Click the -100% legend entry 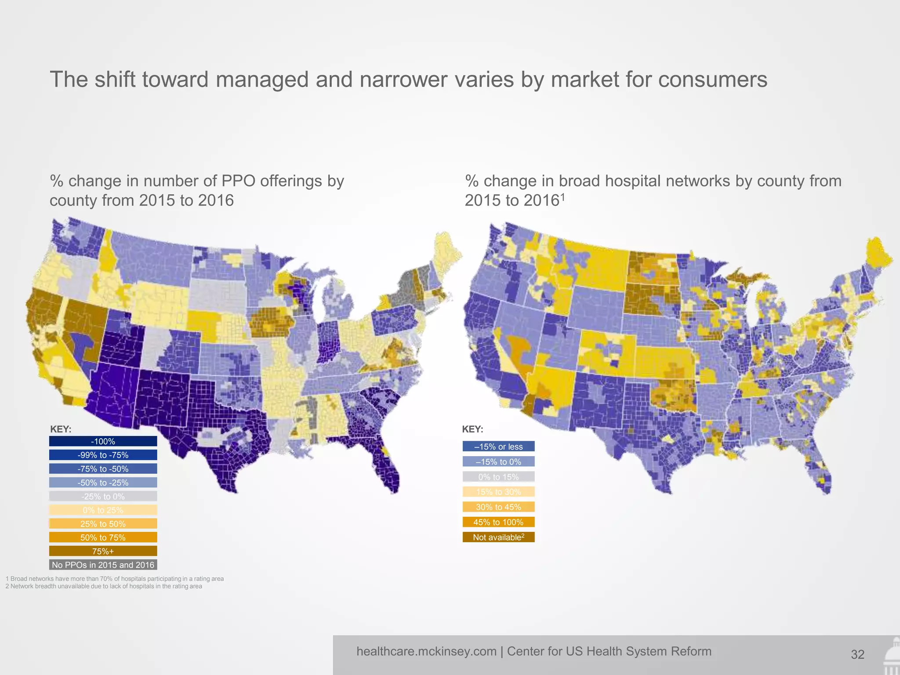tap(103, 441)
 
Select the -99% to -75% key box tap(103, 455)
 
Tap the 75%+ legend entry tap(103, 551)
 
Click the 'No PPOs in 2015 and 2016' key tap(103, 565)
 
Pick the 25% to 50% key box tap(103, 524)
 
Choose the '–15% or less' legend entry tap(498, 446)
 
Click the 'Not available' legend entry tap(498, 537)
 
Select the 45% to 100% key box tap(498, 522)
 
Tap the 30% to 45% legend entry tap(498, 507)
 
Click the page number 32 tap(857, 655)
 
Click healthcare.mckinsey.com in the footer tap(426, 651)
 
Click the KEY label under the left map tap(61, 429)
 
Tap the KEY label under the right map tap(472, 429)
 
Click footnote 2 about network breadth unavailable tap(104, 586)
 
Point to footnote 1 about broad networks tap(115, 579)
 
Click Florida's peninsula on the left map tap(387, 466)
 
